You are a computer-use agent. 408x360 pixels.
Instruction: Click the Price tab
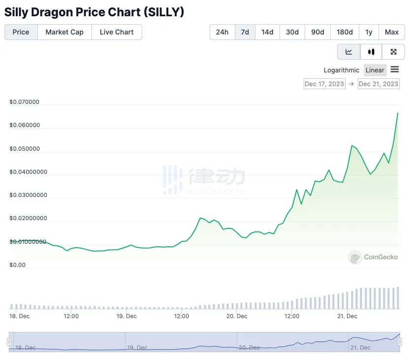tap(21, 32)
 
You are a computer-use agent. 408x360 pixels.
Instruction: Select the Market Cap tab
tap(64, 32)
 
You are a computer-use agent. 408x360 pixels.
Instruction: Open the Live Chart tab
tap(117, 32)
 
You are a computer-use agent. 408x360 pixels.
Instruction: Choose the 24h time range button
tap(222, 32)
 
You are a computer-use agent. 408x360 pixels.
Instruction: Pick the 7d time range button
tap(245, 32)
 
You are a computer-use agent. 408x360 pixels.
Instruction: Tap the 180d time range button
tap(345, 32)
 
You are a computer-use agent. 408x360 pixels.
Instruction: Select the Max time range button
tap(392, 32)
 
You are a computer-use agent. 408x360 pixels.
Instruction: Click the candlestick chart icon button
tap(371, 52)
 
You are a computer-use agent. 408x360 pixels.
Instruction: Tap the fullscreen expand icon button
tap(394, 52)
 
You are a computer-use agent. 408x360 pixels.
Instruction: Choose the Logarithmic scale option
tap(342, 70)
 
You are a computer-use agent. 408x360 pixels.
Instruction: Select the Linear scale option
tap(375, 70)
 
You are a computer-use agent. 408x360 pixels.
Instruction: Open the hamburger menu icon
tap(395, 69)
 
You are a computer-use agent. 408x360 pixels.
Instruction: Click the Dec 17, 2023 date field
tap(324, 84)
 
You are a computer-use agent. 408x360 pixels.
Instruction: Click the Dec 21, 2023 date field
tap(378, 84)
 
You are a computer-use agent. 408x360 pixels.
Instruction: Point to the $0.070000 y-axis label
tap(24, 102)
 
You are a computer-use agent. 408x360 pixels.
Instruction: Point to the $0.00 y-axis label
tap(17, 265)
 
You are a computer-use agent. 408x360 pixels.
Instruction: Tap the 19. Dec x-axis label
tap(126, 316)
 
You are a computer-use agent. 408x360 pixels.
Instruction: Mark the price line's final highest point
tap(398, 113)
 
